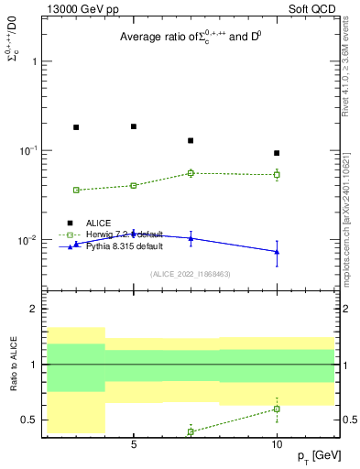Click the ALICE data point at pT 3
point(76,127)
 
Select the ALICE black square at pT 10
point(277,153)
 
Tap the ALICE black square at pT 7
point(191,140)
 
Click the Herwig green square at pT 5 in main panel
point(134,185)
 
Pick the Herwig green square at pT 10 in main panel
point(277,174)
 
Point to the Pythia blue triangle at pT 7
point(191,238)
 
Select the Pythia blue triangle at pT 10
point(277,252)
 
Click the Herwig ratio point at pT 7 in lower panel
point(191,431)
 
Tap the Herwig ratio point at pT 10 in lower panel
point(277,409)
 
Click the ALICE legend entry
point(99,223)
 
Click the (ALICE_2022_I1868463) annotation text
point(190,274)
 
